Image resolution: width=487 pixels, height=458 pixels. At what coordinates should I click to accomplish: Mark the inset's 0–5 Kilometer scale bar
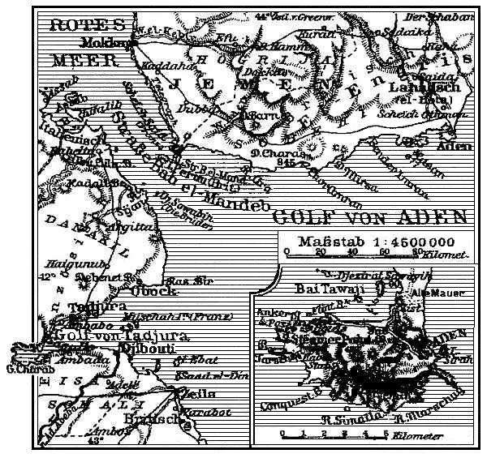pyautogui.click(x=333, y=434)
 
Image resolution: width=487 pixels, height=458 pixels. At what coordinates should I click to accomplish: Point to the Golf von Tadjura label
pyautogui.click(x=118, y=335)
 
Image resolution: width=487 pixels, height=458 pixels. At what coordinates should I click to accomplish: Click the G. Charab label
pyautogui.click(x=23, y=372)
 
